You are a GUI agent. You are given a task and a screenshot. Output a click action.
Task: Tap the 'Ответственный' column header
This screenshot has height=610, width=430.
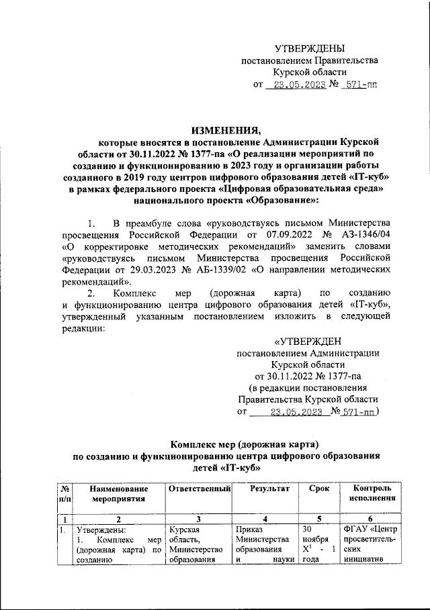(200, 489)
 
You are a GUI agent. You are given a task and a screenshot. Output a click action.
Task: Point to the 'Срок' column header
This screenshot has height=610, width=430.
(319, 489)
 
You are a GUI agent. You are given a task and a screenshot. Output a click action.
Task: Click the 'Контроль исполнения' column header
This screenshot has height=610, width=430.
(372, 494)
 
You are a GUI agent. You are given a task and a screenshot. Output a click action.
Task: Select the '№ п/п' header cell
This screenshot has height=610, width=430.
(66, 494)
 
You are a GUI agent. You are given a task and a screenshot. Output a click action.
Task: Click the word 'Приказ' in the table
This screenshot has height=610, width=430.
(249, 531)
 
